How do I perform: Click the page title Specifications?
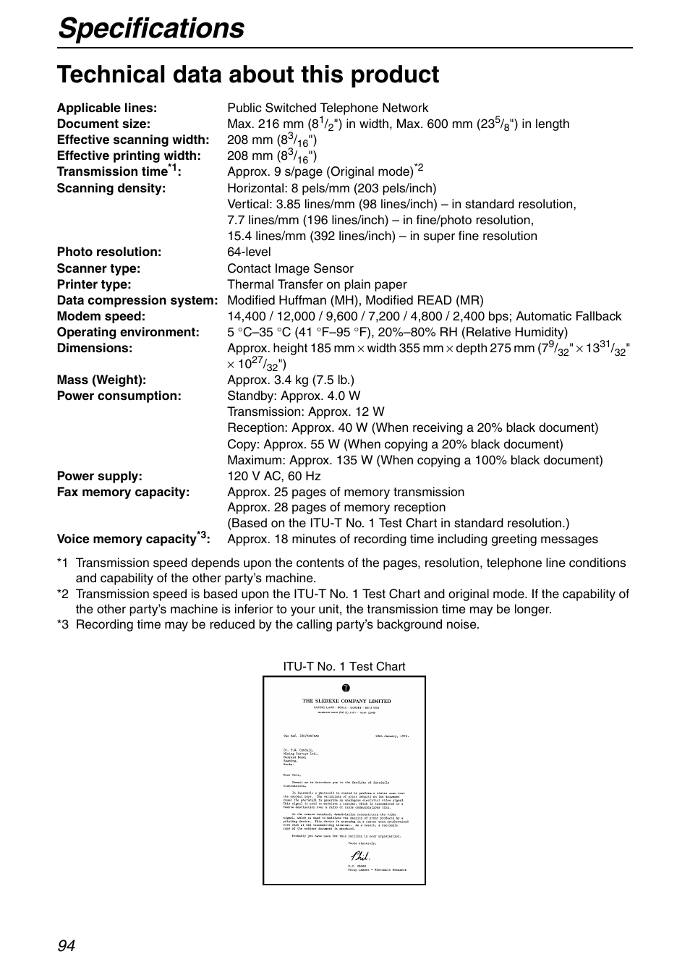[151, 28]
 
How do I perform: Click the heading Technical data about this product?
[248, 74]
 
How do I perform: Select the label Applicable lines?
[107, 108]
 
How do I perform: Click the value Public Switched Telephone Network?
[328, 108]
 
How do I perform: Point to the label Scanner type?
[99, 268]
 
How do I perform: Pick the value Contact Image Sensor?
[290, 268]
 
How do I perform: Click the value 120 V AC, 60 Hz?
[273, 476]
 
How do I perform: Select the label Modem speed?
[101, 316]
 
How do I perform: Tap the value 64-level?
[249, 252]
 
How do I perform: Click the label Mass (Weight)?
[101, 380]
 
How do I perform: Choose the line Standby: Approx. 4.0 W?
[294, 396]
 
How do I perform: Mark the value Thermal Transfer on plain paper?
[317, 284]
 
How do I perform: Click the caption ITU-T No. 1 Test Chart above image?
[344, 666]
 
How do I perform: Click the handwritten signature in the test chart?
[360, 856]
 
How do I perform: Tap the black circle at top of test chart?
[346, 687]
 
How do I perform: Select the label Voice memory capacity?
[127, 539]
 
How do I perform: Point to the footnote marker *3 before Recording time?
[63, 624]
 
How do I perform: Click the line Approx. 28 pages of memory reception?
[336, 507]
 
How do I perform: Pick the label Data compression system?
[137, 300]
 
